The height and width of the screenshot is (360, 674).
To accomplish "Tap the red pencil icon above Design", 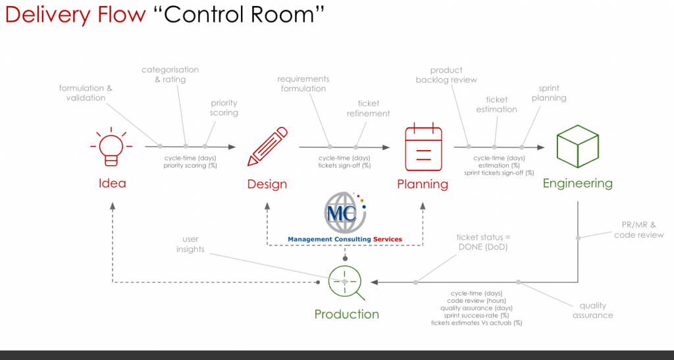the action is (267, 147).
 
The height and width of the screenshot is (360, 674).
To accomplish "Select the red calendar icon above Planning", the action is (423, 147).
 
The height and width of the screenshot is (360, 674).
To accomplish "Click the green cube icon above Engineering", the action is (577, 146).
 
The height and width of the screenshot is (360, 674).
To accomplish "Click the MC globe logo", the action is (345, 213).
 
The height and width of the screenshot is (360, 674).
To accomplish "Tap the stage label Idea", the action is (112, 184).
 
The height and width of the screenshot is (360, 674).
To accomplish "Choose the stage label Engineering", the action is (577, 184).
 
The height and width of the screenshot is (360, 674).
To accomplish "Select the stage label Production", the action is (346, 314).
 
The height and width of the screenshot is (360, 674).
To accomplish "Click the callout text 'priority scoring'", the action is (224, 108).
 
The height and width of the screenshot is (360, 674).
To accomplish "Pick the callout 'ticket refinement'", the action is (369, 108).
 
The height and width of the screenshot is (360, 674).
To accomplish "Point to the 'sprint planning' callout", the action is (549, 93).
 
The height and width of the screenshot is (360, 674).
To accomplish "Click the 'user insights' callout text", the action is (190, 244).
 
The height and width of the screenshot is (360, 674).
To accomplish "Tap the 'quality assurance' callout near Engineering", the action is (593, 310).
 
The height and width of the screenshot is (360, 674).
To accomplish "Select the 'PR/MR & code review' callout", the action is (638, 230).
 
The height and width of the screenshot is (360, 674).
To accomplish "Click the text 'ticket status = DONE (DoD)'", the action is (483, 242).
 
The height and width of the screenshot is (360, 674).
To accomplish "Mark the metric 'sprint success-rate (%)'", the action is (477, 315).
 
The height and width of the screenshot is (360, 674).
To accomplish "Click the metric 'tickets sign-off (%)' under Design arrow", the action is (344, 165).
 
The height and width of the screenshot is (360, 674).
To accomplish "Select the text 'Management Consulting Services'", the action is (345, 240).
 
